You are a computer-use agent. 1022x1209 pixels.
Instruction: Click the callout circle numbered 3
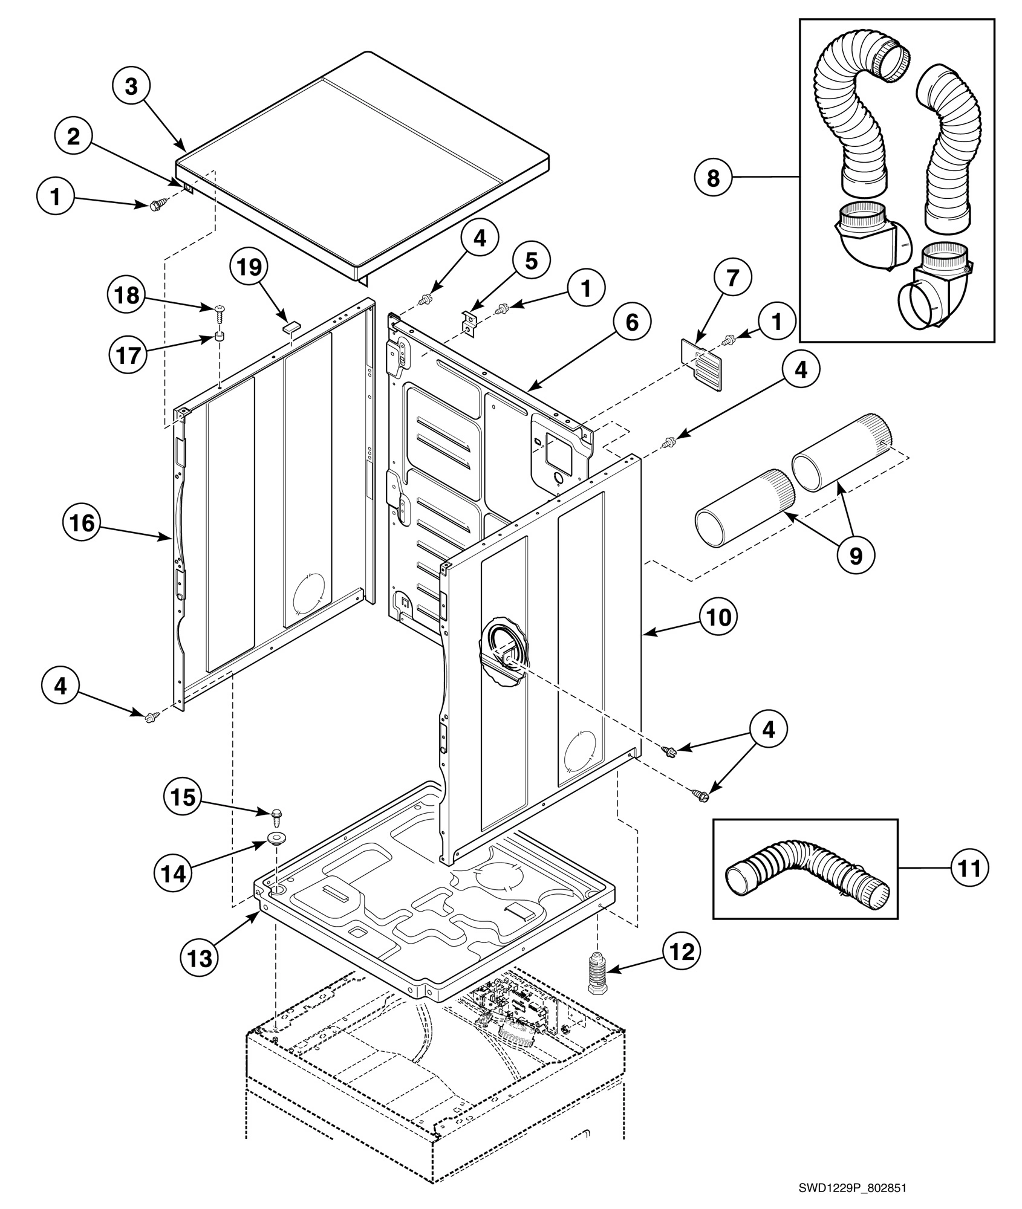131,86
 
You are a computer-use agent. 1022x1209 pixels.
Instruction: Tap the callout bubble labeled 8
714,179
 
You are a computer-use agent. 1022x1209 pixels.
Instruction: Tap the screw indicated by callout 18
219,312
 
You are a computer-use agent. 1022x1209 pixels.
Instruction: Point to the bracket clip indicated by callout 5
469,320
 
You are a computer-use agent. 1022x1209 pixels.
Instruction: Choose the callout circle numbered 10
717,617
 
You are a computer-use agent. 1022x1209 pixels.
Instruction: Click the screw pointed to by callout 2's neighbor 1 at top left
156,206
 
